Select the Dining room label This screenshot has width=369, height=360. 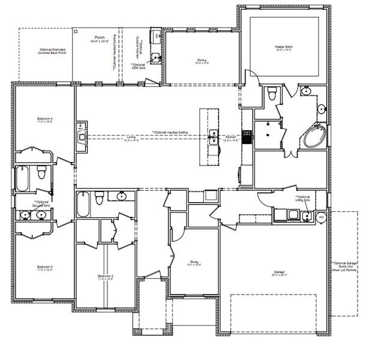coord(202,61)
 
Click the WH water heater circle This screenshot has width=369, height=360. coord(321,217)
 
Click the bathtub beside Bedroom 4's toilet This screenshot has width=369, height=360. coord(23,178)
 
